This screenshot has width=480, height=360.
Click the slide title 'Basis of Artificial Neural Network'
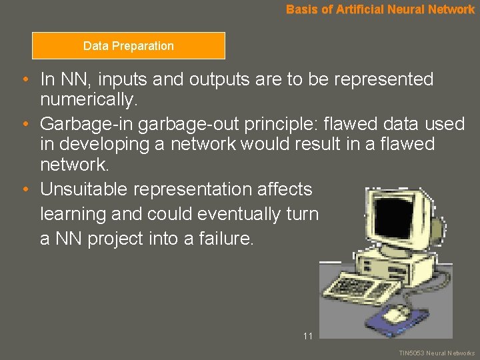pyautogui.click(x=380, y=9)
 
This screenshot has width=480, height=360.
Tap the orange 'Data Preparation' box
pyautogui.click(x=129, y=46)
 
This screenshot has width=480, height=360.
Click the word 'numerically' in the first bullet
pyautogui.click(x=87, y=101)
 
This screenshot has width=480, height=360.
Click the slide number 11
pyautogui.click(x=307, y=336)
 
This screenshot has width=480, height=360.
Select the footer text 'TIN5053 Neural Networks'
pyautogui.click(x=437, y=353)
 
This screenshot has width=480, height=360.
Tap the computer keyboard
pyautogui.click(x=360, y=286)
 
